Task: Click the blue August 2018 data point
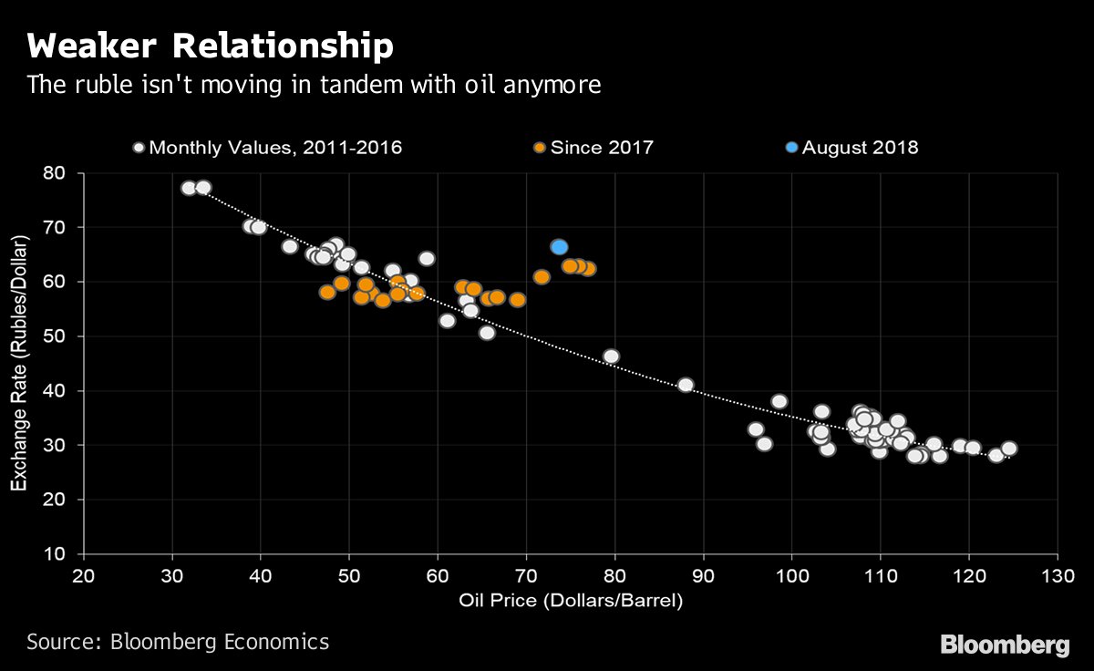[x=559, y=247]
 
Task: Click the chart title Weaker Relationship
[x=211, y=46]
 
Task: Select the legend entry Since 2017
[x=593, y=147]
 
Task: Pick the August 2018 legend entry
[x=851, y=147]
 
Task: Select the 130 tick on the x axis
[x=1057, y=576]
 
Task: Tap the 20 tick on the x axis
[x=83, y=576]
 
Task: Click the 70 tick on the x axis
[x=526, y=576]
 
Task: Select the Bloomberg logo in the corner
[x=1005, y=645]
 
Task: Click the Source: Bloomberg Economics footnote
[x=178, y=642]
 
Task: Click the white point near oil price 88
[x=686, y=386]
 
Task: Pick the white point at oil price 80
[x=611, y=356]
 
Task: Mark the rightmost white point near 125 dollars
[x=1008, y=449]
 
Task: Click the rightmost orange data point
[x=588, y=269]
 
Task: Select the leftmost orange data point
[x=327, y=293]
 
